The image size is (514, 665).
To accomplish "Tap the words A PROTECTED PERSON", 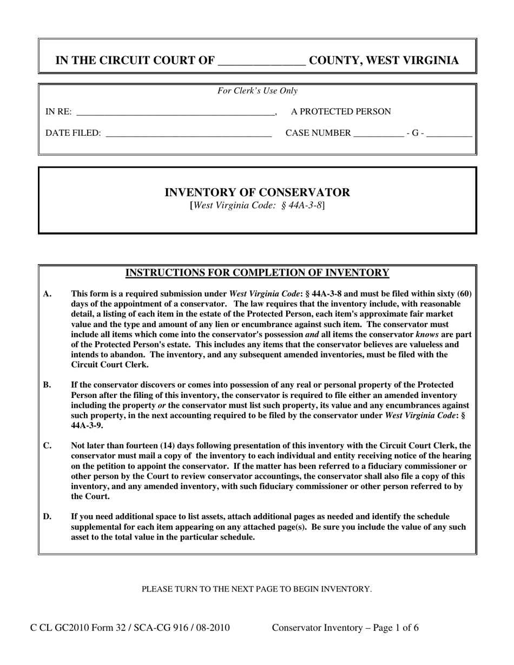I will point(341,112).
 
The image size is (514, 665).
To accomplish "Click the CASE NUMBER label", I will point(318,133).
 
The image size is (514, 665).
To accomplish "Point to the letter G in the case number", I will point(415,133).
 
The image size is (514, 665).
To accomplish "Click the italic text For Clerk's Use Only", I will point(258,91).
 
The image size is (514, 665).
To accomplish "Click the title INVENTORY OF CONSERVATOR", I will point(257,192).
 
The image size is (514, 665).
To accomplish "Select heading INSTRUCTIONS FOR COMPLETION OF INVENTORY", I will point(257,272).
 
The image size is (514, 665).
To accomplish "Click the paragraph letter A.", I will point(47,294).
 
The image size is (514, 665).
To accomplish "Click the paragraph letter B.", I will point(47,385).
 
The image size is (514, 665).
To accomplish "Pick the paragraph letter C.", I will point(47,446).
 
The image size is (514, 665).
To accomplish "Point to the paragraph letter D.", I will point(47,517).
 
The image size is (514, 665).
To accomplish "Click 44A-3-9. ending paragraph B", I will point(87,425).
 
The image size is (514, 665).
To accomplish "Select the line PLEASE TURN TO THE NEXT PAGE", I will point(256,589).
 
